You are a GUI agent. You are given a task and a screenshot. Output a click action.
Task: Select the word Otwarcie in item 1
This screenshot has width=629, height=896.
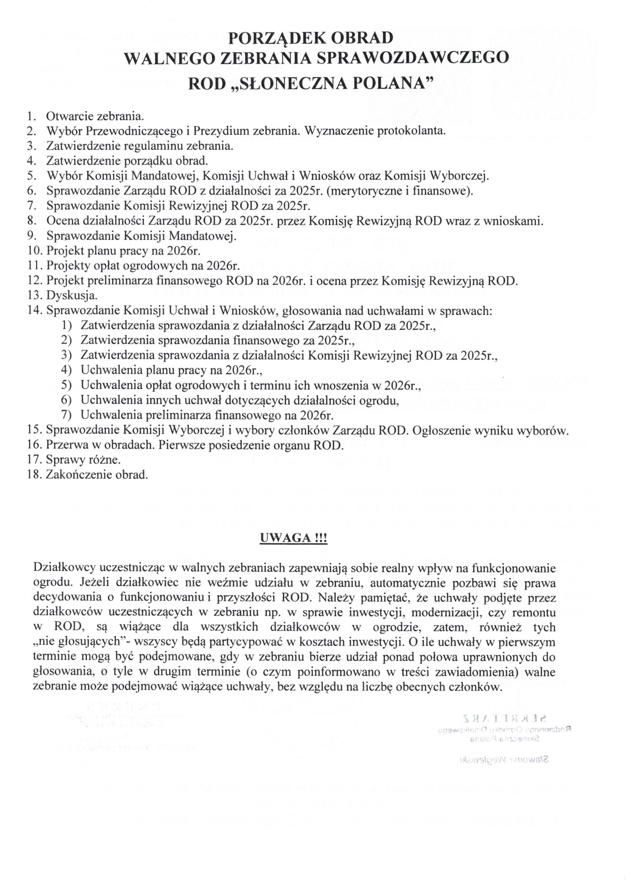(x=69, y=116)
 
